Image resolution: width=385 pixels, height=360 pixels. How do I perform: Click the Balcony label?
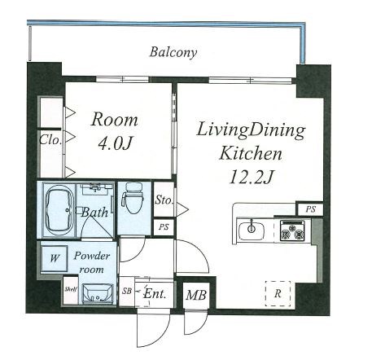tap(173, 52)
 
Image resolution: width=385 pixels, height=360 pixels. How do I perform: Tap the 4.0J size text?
tap(115, 143)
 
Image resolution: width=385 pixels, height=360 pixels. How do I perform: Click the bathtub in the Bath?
tap(60, 209)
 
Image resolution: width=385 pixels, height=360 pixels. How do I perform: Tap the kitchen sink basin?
tap(252, 230)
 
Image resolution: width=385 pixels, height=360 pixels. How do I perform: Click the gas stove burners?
tap(292, 230)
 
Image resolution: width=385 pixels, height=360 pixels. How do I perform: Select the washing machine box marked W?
tap(55, 258)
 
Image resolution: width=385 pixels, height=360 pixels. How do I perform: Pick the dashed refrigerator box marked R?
tap(278, 293)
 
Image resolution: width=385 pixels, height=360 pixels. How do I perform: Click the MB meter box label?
tap(196, 295)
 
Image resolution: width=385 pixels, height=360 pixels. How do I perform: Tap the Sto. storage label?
tap(164, 200)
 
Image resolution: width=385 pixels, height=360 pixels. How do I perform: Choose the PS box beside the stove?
tap(311, 209)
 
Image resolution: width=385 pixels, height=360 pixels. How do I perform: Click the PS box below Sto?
tap(164, 227)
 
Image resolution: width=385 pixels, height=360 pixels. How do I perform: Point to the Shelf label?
tap(71, 289)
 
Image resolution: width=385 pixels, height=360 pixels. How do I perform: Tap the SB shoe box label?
tap(127, 291)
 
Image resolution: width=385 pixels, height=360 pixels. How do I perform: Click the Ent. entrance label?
tap(155, 294)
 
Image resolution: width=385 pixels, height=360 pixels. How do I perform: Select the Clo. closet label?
tap(50, 140)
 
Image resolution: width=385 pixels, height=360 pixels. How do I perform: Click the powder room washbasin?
tap(98, 294)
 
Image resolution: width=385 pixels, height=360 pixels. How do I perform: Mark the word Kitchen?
tap(251, 153)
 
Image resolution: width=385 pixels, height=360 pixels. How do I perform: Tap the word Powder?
tap(92, 256)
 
